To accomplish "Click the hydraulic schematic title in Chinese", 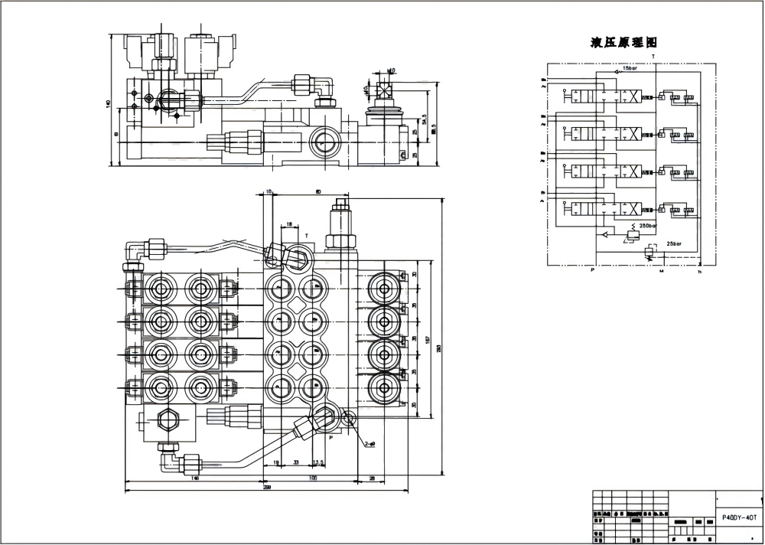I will point(623,42).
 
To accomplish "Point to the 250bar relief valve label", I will point(649,227).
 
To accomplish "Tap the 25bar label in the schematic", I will point(674,243).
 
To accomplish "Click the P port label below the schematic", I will point(593,270).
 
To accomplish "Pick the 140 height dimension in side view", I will point(109,103).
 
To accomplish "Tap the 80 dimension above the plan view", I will point(317,192).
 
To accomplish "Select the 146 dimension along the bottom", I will point(195,478).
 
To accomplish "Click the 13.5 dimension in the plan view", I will point(319,462).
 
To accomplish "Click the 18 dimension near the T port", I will point(288,225).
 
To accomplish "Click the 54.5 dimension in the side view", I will point(425,120).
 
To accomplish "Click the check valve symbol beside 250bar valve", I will point(604,234).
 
